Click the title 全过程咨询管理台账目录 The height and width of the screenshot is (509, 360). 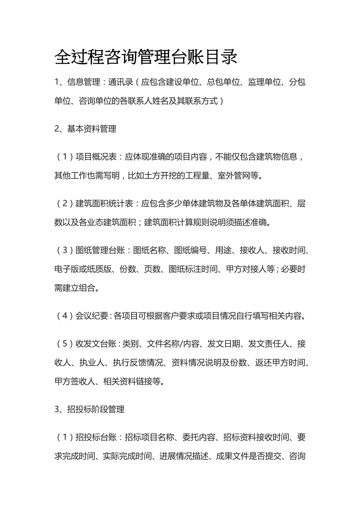[x=146, y=57]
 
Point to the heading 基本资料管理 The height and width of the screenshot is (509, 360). [x=92, y=129]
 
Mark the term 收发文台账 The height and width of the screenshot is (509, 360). [x=96, y=344]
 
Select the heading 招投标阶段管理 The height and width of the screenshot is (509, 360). [x=96, y=409]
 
